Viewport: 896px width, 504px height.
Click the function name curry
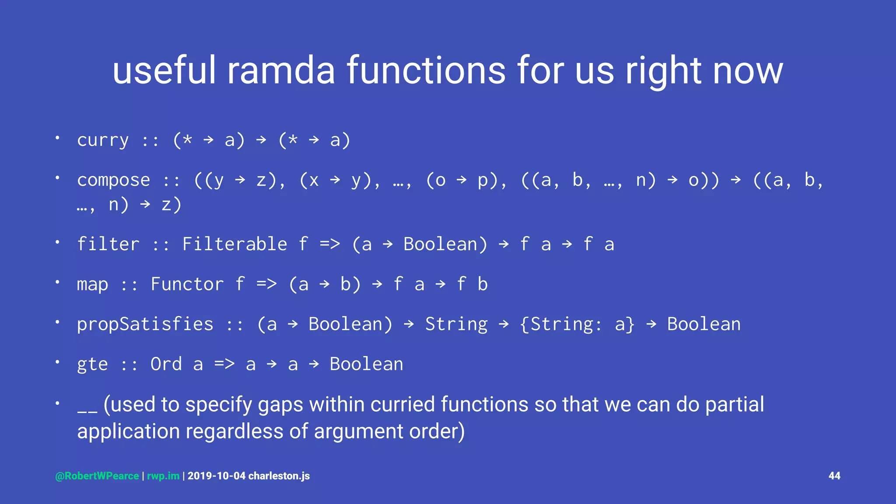[x=103, y=140]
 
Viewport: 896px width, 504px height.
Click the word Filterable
[x=234, y=244]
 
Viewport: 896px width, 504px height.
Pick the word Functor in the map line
[x=187, y=284]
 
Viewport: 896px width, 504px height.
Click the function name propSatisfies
[x=145, y=325]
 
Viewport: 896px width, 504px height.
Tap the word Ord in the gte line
[x=166, y=364]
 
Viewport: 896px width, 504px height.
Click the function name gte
[x=92, y=364]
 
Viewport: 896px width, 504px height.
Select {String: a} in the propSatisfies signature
[x=577, y=325]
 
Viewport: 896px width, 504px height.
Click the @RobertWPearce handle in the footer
[x=97, y=476]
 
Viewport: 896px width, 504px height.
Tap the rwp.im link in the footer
[x=163, y=476]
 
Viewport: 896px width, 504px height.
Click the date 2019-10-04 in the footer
[x=216, y=476]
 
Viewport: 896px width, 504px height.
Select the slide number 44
[x=834, y=476]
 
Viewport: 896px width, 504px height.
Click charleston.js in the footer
[x=279, y=476]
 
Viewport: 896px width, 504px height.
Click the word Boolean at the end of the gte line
[x=366, y=364]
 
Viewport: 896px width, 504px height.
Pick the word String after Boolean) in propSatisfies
[x=456, y=325]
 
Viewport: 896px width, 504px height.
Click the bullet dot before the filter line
[x=57, y=242]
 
